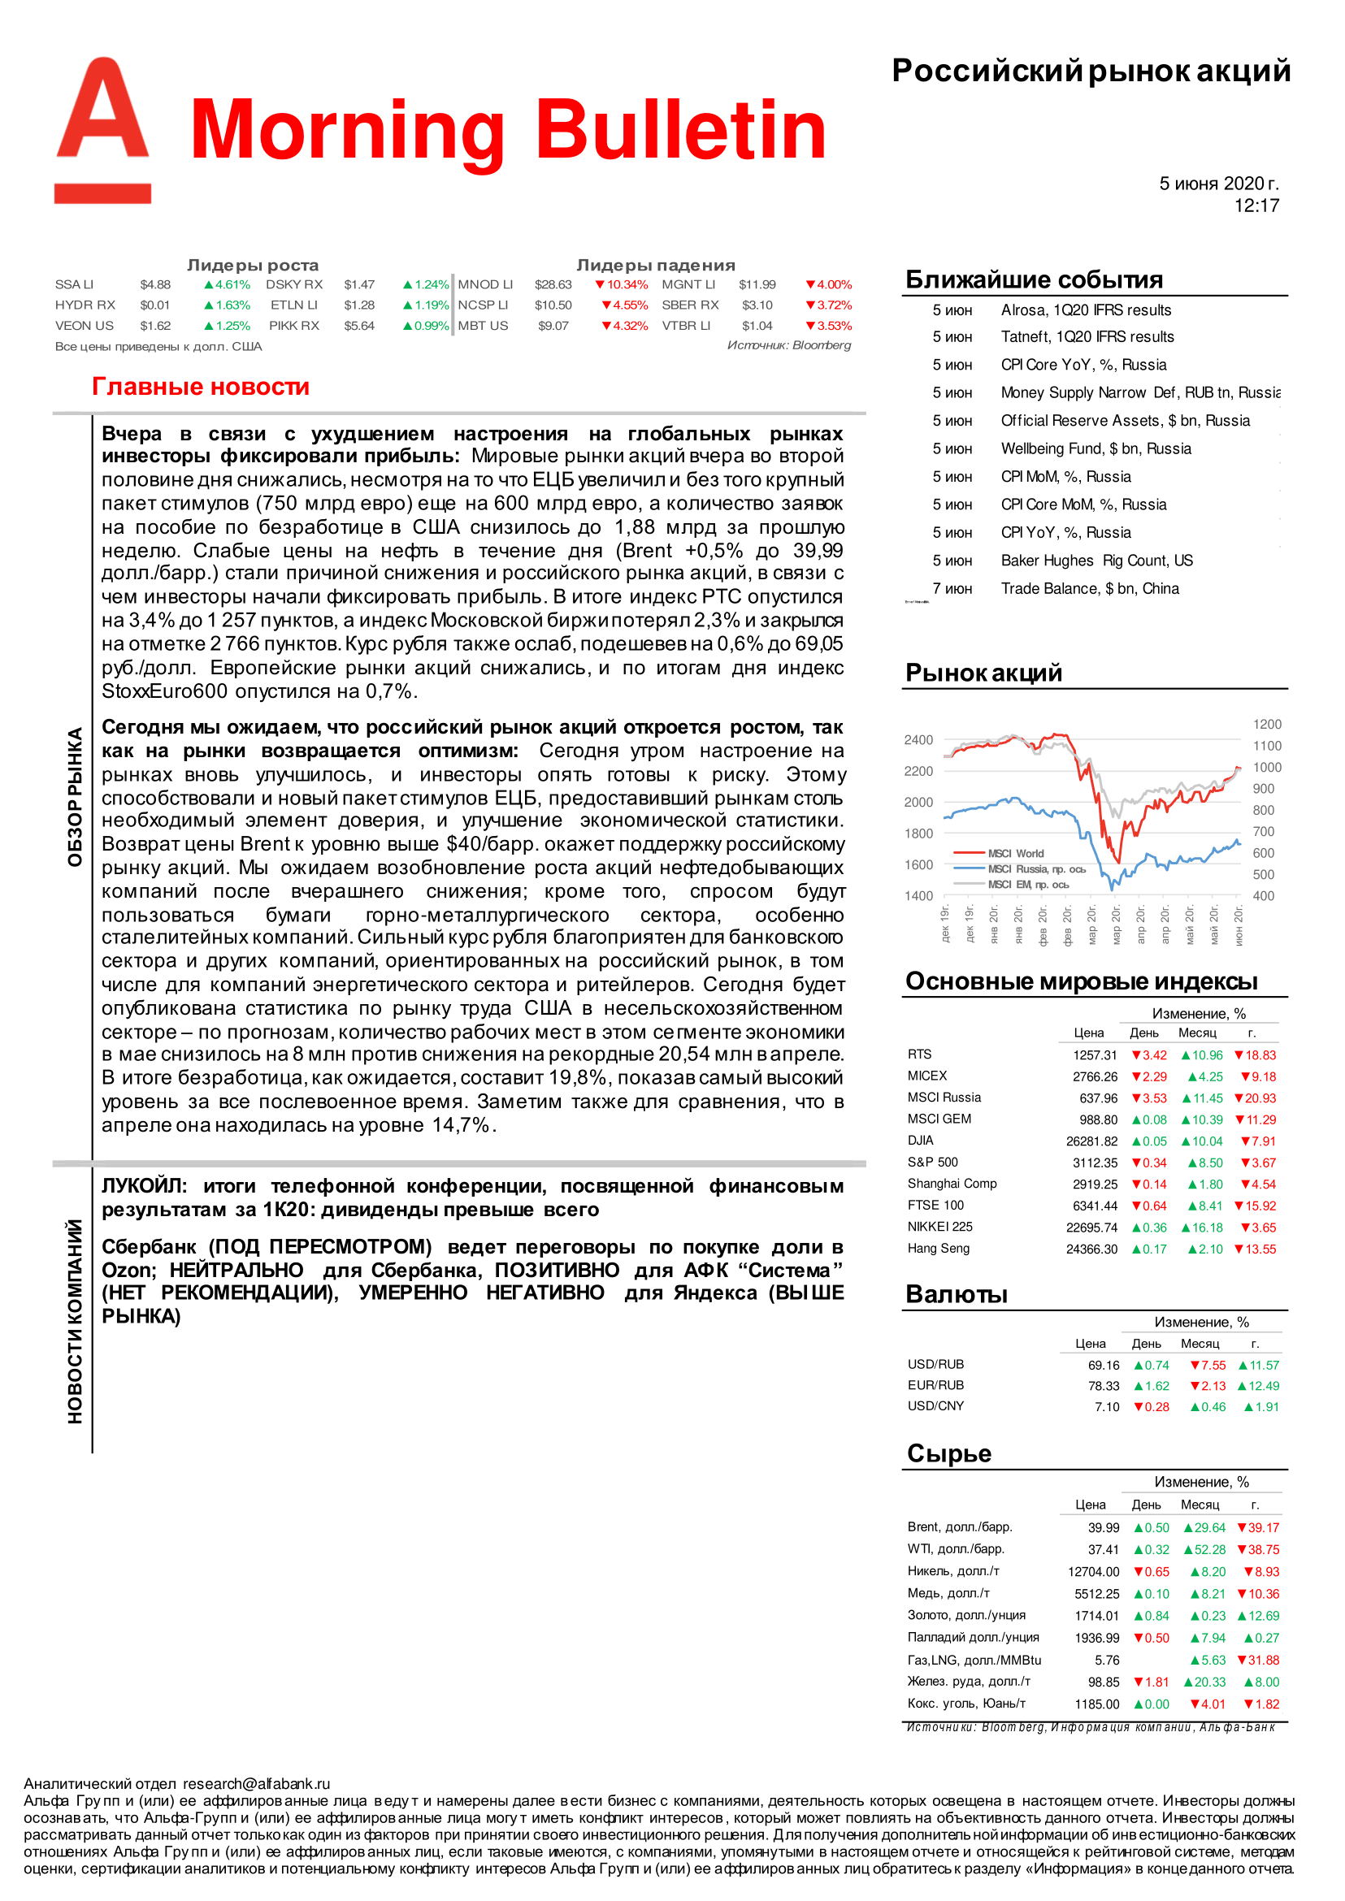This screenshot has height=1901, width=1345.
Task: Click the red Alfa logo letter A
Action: [x=102, y=112]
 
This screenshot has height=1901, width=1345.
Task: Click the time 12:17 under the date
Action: [x=1256, y=206]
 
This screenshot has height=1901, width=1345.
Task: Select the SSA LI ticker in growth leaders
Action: [x=75, y=285]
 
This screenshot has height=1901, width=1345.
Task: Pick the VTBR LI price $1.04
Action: [x=757, y=327]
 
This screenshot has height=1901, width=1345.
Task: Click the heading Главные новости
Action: [x=201, y=387]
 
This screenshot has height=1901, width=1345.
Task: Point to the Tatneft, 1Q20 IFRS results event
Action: [x=1087, y=337]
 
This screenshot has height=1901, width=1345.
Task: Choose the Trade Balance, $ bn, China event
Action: [x=1089, y=589]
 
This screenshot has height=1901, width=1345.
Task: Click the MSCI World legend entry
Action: [x=1015, y=853]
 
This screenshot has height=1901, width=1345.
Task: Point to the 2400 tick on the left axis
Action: [x=918, y=739]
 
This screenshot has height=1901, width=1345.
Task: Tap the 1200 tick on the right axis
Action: [x=1266, y=725]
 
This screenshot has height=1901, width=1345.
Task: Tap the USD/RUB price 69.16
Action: [x=1103, y=1366]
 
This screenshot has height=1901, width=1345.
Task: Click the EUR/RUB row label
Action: [x=936, y=1385]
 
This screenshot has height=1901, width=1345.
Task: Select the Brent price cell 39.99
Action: [x=1103, y=1527]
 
